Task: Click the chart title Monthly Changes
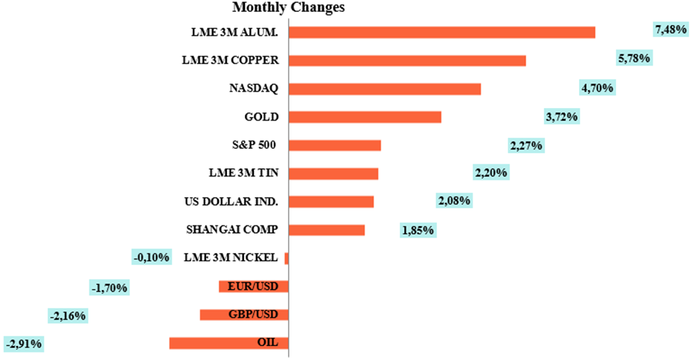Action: pyautogui.click(x=289, y=8)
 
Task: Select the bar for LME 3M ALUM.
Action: pyautogui.click(x=441, y=32)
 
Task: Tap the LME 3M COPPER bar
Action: pyautogui.click(x=407, y=60)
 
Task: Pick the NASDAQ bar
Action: pyautogui.click(x=384, y=89)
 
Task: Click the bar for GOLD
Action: pyautogui.click(x=365, y=117)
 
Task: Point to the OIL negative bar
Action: pyautogui.click(x=228, y=343)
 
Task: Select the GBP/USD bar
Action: pyautogui.click(x=244, y=315)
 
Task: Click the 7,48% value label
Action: pyautogui.click(x=670, y=30)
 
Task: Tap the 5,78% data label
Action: pyautogui.click(x=634, y=58)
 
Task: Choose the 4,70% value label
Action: pyautogui.click(x=597, y=88)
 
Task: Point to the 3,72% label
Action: pyautogui.click(x=562, y=116)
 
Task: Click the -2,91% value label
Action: pyautogui.click(x=24, y=344)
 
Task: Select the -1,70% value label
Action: pyautogui.click(x=109, y=287)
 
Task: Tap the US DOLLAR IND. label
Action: pyautogui.click(x=231, y=201)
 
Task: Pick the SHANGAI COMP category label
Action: pyautogui.click(x=231, y=229)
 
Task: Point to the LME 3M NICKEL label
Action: pyautogui.click(x=231, y=258)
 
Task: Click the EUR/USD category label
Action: pyautogui.click(x=254, y=286)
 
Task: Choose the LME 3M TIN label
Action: pyautogui.click(x=243, y=173)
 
